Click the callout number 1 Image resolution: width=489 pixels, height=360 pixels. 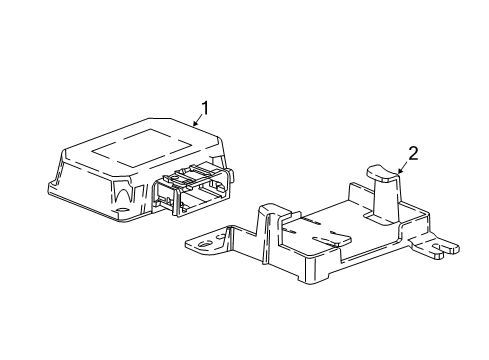tap(205, 107)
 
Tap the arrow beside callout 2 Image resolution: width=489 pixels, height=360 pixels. tap(402, 165)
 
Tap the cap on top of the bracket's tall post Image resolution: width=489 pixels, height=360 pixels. tap(382, 172)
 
